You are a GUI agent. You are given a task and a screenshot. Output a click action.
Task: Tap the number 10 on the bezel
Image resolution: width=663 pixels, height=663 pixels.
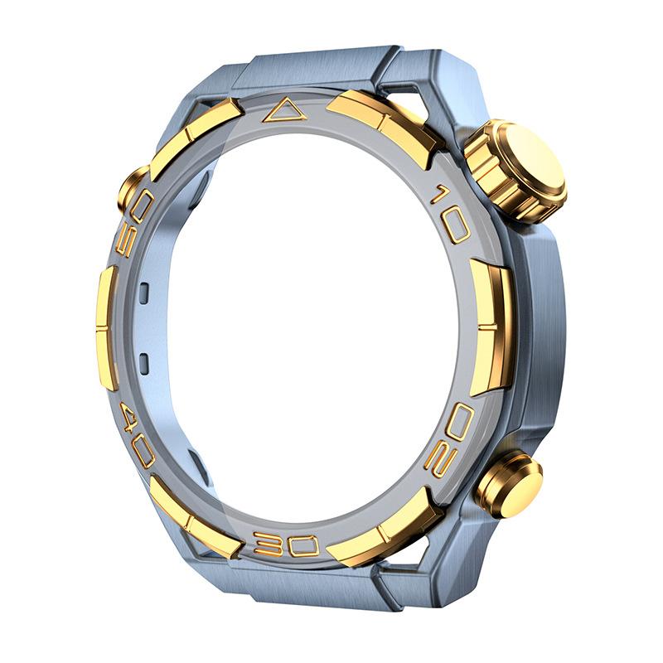[452, 214]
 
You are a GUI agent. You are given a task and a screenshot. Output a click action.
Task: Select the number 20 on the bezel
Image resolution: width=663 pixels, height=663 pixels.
[449, 438]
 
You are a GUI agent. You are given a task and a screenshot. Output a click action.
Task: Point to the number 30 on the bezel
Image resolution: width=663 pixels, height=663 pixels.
[286, 544]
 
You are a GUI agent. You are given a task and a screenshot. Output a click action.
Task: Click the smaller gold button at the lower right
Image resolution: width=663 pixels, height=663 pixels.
[508, 483]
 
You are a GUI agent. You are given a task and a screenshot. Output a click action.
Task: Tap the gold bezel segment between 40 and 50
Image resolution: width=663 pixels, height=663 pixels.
[106, 327]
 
